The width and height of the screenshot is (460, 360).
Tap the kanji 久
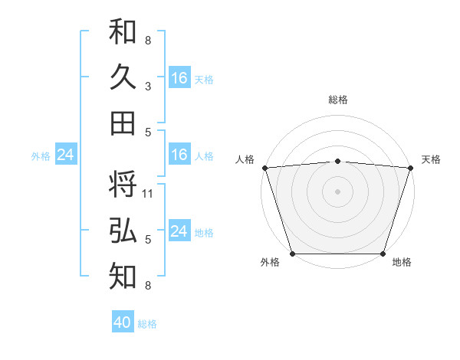[123, 77]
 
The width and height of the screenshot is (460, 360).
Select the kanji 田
[123, 123]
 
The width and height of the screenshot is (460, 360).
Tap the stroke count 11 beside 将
[148, 194]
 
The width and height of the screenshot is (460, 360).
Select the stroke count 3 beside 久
[148, 87]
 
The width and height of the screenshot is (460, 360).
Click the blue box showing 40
[123, 322]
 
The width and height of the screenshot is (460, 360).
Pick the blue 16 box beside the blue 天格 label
[179, 78]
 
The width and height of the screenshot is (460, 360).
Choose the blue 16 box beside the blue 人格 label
[179, 155]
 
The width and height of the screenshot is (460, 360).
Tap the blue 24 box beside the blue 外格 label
[65, 155]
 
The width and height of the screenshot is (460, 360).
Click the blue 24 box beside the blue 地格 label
[179, 232]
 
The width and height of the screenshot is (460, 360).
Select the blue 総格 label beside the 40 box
[147, 324]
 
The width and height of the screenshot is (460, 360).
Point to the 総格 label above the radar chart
[338, 100]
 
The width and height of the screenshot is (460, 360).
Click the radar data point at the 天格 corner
[411, 167]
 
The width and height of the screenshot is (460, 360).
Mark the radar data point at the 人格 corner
[264, 167]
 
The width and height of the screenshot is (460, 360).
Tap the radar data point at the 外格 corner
[293, 254]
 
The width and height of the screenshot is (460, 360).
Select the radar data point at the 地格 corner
[383, 254]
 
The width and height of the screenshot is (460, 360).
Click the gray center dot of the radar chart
[338, 191]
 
